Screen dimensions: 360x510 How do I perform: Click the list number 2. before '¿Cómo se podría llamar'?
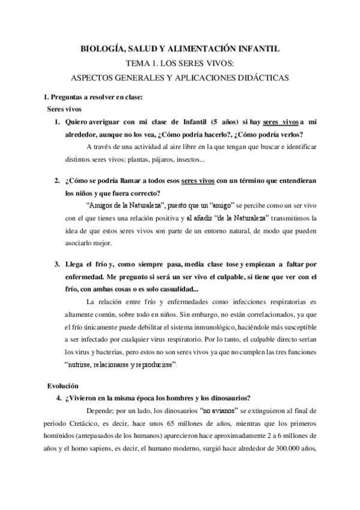57,180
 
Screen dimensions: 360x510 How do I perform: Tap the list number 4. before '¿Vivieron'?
57,397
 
